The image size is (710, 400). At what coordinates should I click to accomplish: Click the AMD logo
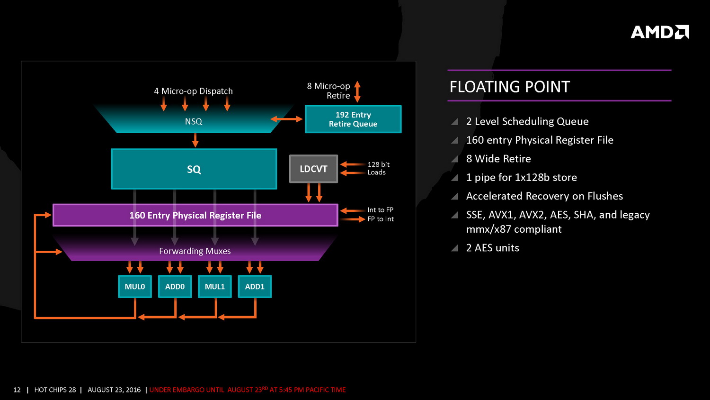659,32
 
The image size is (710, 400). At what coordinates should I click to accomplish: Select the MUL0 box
135,287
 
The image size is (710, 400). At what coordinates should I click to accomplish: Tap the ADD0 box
175,287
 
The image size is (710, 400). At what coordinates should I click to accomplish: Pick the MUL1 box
214,287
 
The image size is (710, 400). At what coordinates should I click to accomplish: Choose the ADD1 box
255,287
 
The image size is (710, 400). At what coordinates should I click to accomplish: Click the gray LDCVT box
313,169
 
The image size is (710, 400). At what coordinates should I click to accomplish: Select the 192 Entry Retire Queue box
353,119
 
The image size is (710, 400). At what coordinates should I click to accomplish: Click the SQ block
194,169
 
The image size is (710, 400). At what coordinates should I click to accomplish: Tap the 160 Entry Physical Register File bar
195,215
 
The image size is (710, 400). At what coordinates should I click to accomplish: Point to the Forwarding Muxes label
195,251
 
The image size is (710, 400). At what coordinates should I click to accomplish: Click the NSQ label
194,122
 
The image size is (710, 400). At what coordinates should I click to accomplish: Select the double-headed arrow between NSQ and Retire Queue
286,119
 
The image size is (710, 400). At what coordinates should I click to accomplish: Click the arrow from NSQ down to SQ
195,140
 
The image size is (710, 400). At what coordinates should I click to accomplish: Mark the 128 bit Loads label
378,168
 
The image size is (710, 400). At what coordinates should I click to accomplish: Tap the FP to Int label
381,219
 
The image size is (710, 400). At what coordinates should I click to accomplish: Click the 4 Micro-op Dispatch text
193,91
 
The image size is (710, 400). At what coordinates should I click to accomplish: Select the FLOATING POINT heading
510,87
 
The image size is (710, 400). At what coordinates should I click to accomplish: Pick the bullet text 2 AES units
492,248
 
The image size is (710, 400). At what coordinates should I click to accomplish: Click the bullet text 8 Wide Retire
498,159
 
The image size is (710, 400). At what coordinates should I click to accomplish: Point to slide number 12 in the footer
17,390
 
